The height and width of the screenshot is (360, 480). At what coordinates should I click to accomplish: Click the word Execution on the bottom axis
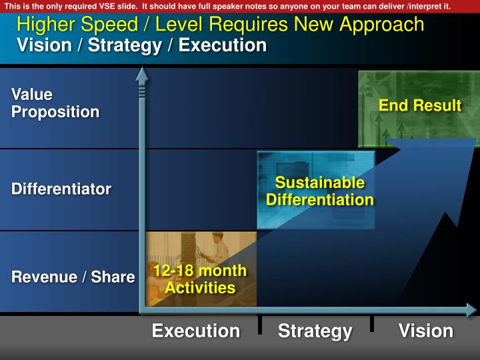click(196, 331)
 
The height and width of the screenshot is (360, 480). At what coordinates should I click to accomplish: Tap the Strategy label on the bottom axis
click(315, 331)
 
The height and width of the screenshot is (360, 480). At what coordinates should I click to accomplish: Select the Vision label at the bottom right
click(426, 331)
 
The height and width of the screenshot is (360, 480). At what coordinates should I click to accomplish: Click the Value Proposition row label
click(55, 103)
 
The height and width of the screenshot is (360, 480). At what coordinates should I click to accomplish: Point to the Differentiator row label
click(61, 189)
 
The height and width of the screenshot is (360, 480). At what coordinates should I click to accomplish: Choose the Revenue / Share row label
click(73, 277)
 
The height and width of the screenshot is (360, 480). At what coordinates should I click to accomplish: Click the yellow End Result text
click(420, 105)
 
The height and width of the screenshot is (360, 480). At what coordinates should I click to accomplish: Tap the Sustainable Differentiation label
click(320, 191)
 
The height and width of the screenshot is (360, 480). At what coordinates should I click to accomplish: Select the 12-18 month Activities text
click(200, 279)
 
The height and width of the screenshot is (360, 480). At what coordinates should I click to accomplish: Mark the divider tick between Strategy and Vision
click(372, 324)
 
